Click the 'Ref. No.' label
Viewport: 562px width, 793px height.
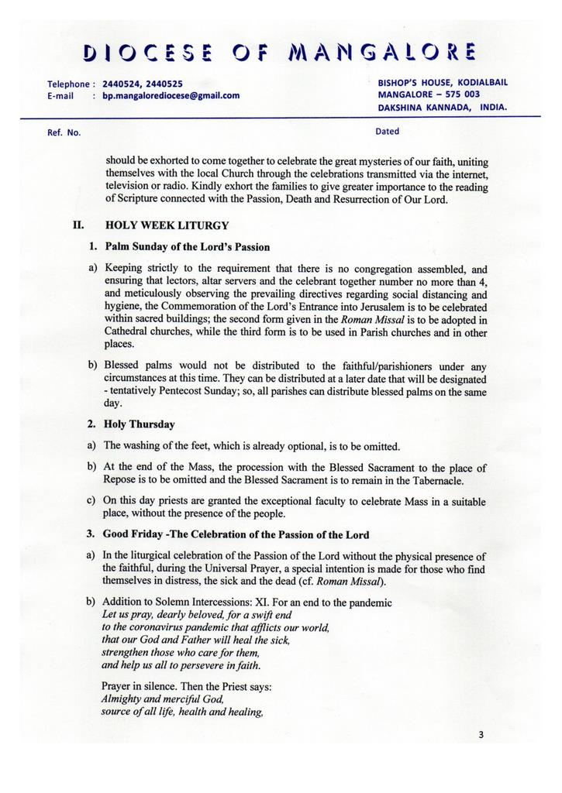[64, 132]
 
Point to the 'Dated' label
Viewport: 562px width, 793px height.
[387, 131]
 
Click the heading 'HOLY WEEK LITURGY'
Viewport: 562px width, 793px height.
[167, 226]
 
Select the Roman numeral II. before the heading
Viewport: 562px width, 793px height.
[78, 226]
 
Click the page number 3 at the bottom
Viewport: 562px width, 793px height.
[481, 735]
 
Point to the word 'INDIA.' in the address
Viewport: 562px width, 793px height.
[494, 107]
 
